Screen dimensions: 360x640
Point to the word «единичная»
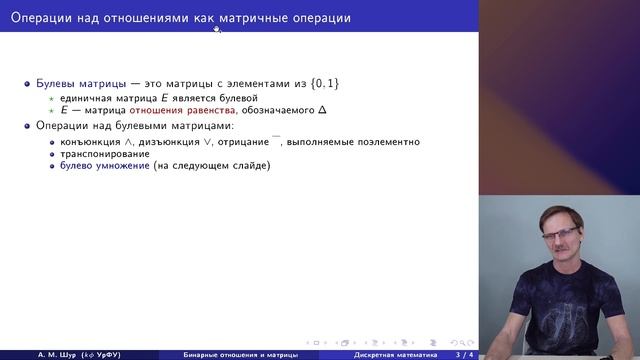tap(86, 99)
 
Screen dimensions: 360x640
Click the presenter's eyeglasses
tap(566, 238)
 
